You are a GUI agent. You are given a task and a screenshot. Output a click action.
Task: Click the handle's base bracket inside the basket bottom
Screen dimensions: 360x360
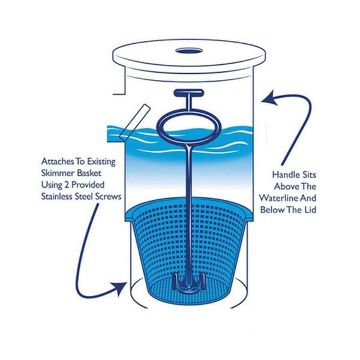click(188, 281)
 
